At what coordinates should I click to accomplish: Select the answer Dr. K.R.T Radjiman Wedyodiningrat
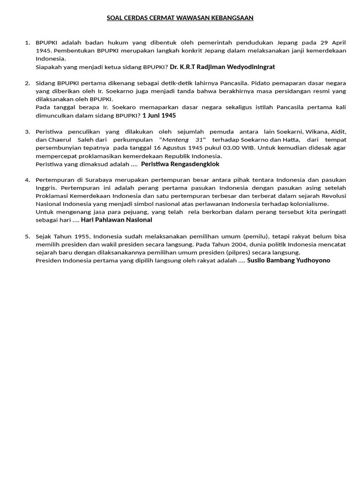pos(222,67)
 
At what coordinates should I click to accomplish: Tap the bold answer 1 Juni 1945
pos(159,115)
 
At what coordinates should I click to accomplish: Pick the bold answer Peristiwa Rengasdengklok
pos(180,164)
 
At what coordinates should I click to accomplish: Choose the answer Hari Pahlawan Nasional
pos(117,220)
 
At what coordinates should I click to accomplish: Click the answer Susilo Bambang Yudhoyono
pos(288,260)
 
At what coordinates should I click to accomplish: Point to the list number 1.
pos(27,43)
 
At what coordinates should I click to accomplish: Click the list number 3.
pos(27,132)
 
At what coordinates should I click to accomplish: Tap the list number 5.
pos(27,236)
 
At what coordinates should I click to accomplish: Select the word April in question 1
pos(338,43)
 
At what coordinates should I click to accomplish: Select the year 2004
pos(243,244)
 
